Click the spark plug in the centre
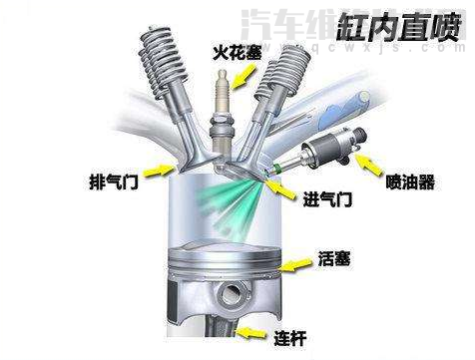[x=224, y=110]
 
